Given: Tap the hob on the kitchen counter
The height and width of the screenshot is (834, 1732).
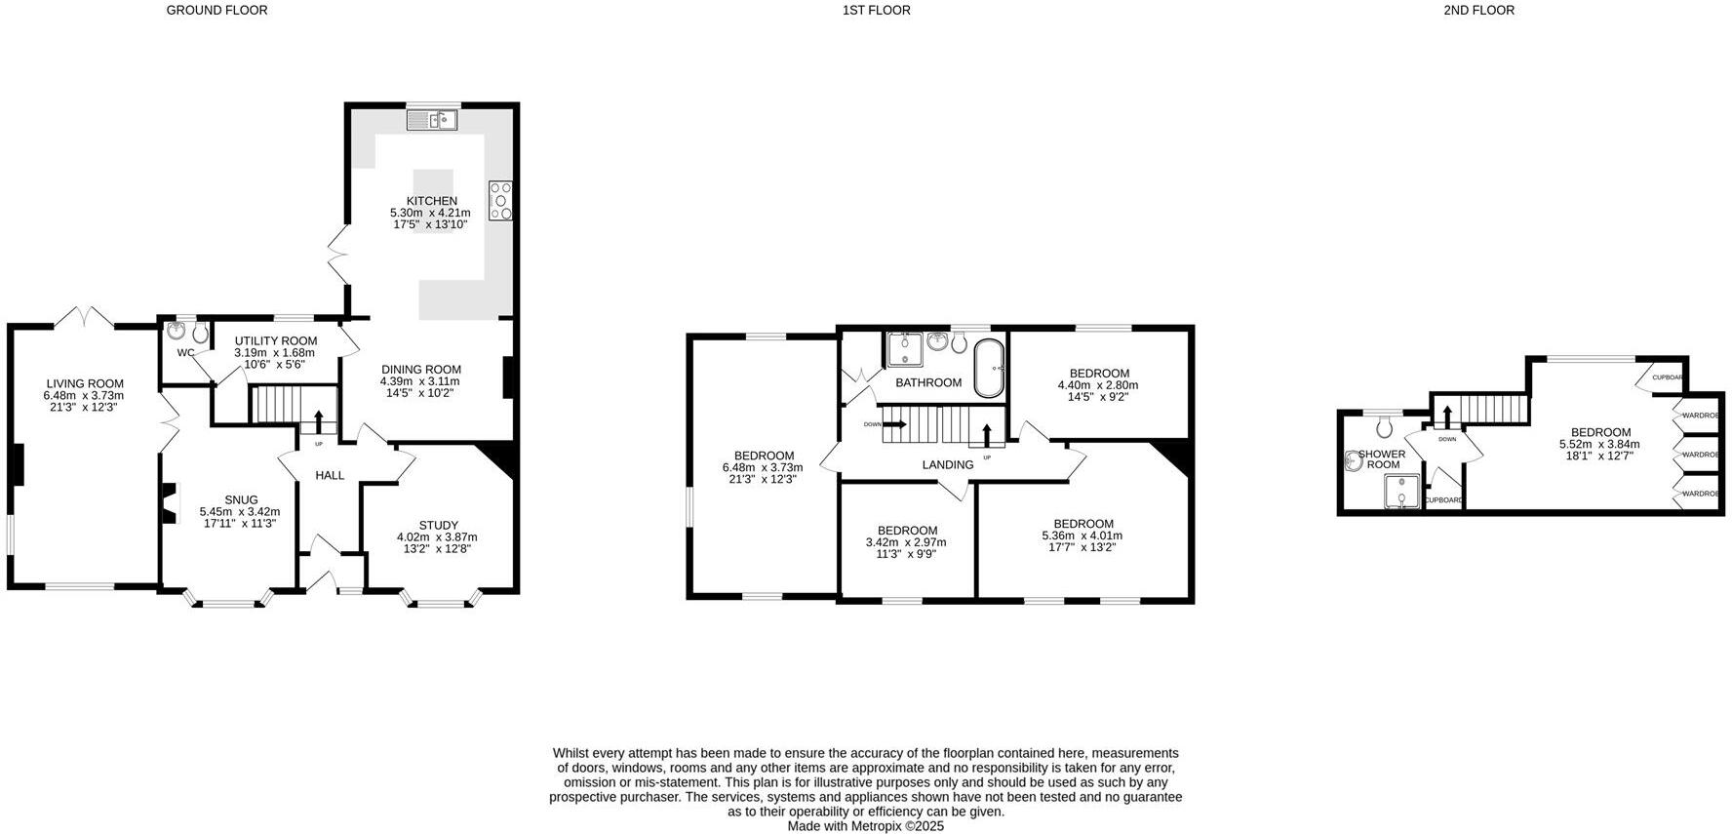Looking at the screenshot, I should click(500, 200).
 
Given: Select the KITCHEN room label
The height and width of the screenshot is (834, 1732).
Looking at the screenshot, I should click(431, 201).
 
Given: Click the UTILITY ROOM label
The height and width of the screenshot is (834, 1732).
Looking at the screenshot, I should click(275, 340).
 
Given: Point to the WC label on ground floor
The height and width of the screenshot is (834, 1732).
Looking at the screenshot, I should click(185, 352).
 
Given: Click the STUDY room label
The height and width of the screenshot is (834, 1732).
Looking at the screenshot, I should click(438, 525).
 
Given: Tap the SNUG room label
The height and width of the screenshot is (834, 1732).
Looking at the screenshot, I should click(241, 499).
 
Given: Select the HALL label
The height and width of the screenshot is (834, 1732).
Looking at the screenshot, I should click(330, 475).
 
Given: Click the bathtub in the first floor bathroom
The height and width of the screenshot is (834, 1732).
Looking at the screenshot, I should click(989, 369).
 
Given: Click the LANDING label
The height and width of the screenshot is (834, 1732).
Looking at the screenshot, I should click(947, 464).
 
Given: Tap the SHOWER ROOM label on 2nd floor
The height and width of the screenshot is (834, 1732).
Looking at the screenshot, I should click(1382, 458).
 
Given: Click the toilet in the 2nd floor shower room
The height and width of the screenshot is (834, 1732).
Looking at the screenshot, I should click(1384, 425).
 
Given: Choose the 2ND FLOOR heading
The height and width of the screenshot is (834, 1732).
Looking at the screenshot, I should click(1478, 10).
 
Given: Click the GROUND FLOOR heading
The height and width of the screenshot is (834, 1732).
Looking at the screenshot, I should click(216, 10).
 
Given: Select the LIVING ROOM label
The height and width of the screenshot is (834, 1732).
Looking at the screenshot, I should click(85, 383).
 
